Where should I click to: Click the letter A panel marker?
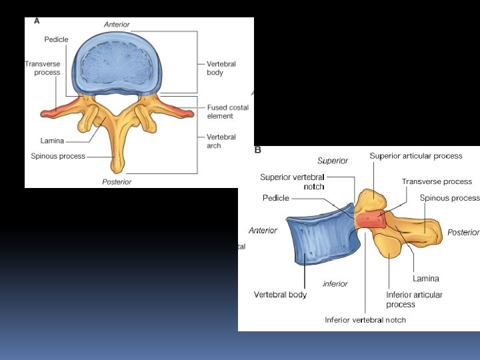[x=37, y=21]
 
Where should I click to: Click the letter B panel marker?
[x=258, y=150]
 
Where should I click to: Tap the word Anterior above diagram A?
[x=117, y=25]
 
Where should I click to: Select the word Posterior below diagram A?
[x=117, y=182]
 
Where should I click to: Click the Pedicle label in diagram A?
[x=56, y=40]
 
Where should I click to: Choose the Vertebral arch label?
[x=221, y=141]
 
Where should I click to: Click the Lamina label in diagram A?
[x=52, y=141]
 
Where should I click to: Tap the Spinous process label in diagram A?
[x=58, y=157]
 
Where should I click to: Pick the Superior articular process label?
[x=416, y=156]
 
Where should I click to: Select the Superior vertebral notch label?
[x=292, y=181]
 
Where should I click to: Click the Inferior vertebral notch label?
[x=365, y=320]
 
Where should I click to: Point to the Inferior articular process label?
[x=414, y=299]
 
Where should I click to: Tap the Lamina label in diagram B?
[x=425, y=279]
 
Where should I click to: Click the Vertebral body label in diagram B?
[x=280, y=295]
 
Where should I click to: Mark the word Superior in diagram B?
[x=333, y=161]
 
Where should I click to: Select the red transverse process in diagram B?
[x=370, y=219]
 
